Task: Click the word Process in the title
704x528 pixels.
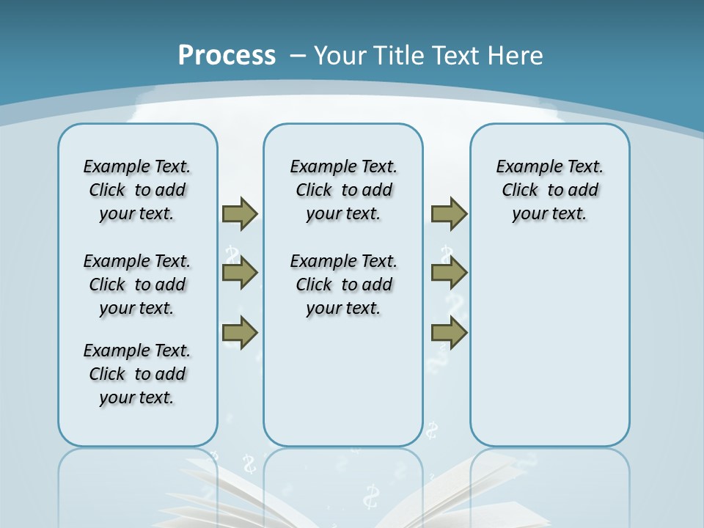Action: [227, 56]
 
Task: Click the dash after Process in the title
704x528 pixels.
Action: [298, 56]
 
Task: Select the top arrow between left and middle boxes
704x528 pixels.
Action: [240, 213]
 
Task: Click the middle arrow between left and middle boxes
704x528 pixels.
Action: [240, 273]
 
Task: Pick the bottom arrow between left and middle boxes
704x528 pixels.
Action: [240, 333]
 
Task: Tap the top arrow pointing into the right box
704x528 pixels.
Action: [449, 213]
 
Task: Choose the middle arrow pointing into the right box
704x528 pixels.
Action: [449, 273]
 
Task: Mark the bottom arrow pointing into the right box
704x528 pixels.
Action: [449, 333]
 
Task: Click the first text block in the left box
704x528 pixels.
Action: [137, 190]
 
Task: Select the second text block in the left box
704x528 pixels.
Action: [137, 285]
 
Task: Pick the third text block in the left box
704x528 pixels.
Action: [137, 374]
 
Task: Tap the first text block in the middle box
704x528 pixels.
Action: [344, 190]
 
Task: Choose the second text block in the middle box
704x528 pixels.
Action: [344, 285]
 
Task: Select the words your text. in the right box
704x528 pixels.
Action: [549, 213]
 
